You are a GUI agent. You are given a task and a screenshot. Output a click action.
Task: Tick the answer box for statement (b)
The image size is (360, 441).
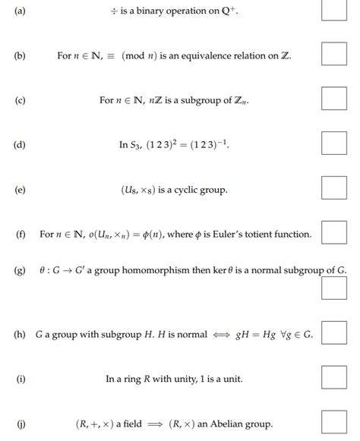334,55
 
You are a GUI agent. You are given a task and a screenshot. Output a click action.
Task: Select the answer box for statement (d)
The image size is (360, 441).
334,143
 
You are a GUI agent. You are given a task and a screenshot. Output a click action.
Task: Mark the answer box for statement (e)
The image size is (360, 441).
334,188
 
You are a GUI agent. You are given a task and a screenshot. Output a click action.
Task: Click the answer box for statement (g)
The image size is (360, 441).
334,288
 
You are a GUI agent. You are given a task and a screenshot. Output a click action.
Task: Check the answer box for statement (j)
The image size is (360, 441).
334,423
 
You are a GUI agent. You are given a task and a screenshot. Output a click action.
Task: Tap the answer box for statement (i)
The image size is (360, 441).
334,377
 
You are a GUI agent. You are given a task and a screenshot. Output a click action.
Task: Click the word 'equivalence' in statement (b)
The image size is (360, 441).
205,56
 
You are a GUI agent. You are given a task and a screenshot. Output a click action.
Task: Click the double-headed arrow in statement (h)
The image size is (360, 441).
221,334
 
